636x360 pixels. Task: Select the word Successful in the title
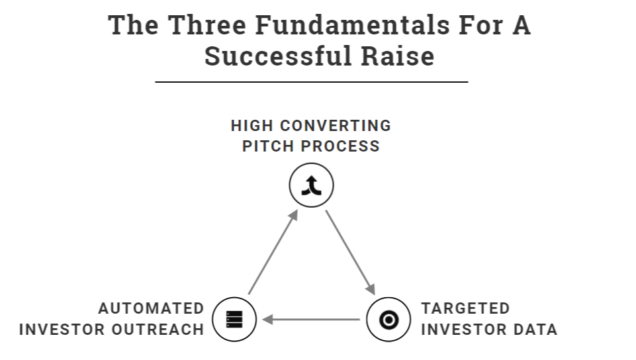click(x=278, y=56)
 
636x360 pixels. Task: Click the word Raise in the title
click(x=397, y=56)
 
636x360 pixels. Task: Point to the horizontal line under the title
click(x=311, y=82)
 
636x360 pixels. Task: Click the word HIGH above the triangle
click(x=251, y=126)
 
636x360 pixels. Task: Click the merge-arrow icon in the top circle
click(x=312, y=186)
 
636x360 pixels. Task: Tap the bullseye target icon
click(x=388, y=320)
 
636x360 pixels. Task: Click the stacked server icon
click(x=234, y=320)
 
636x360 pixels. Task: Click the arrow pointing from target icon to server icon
click(x=311, y=320)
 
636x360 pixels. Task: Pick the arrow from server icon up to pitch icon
click(x=273, y=252)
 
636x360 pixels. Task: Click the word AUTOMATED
click(x=152, y=308)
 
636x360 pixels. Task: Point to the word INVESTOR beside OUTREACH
click(x=65, y=329)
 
